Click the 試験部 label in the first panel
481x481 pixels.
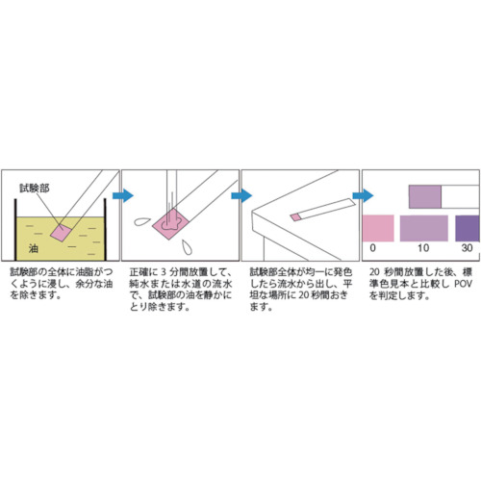tap(35, 188)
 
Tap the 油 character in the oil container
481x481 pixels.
tap(34, 248)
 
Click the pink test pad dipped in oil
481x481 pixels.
tap(61, 232)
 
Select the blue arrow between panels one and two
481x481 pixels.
tap(123, 195)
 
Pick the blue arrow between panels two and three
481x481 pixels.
tap(241, 195)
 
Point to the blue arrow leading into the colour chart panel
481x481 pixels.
tap(363, 195)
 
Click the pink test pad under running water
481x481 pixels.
tap(171, 224)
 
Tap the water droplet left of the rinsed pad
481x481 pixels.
tap(142, 221)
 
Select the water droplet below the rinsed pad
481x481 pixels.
tap(187, 247)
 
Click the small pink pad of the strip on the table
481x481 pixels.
tap(296, 217)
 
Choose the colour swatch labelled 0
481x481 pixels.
tap(378, 228)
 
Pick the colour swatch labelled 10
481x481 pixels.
tap(424, 228)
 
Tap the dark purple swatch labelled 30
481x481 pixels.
tap(468, 228)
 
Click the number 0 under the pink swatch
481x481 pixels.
tap(372, 248)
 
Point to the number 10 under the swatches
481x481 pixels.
tap(423, 248)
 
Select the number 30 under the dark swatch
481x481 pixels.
tap(467, 248)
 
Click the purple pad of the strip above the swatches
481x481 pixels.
tap(425, 196)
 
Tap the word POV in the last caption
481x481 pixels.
tap(463, 284)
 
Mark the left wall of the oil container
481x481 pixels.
tap(15, 230)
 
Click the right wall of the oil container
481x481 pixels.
tap(105, 230)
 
